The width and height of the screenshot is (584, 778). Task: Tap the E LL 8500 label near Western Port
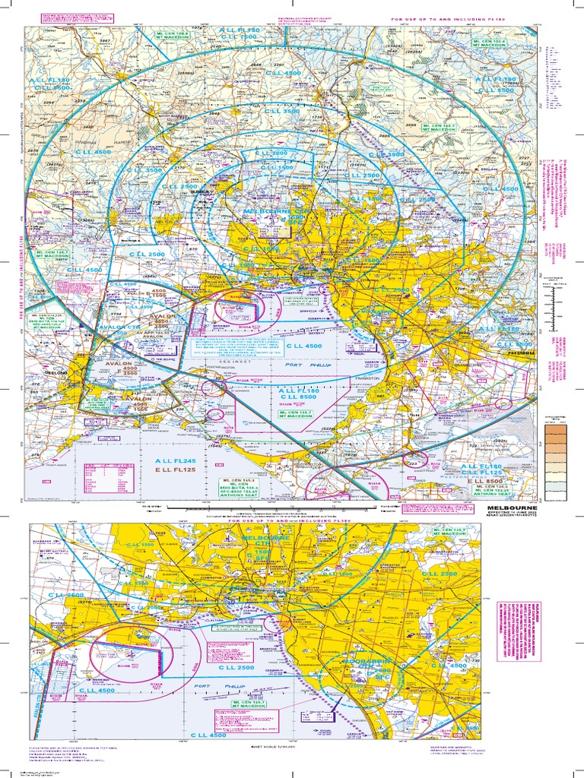487,482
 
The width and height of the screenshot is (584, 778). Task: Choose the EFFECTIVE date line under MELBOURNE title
510,514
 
